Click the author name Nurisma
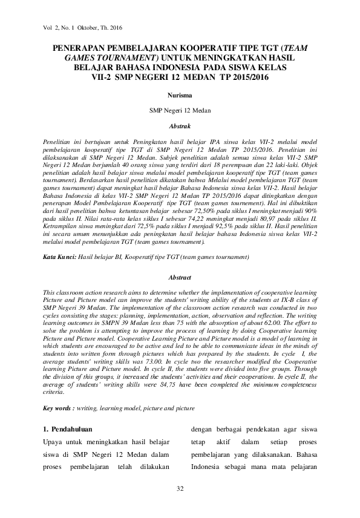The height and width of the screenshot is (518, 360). (x=180, y=96)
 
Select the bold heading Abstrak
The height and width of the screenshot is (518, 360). (x=180, y=126)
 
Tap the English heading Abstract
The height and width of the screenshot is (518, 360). (x=179, y=277)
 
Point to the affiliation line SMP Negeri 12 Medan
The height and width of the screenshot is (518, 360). (x=180, y=111)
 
